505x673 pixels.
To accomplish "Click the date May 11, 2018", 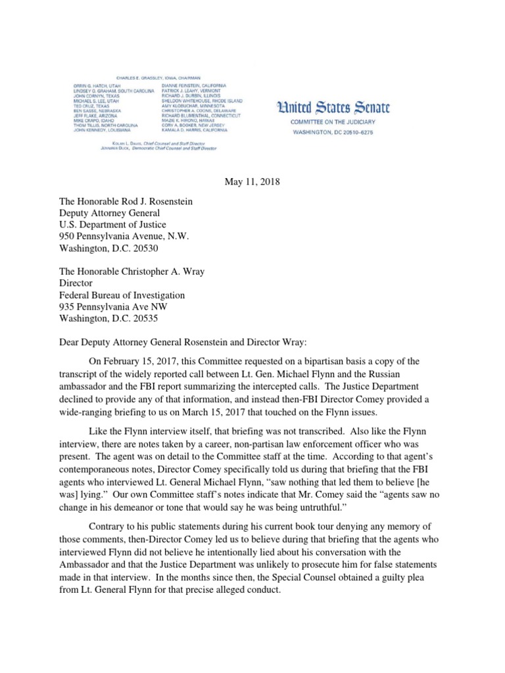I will (x=252, y=181).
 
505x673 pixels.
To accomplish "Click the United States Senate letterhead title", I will (x=333, y=107).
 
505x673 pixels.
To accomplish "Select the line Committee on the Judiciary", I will (x=333, y=122).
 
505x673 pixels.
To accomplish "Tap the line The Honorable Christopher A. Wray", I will (x=144, y=271).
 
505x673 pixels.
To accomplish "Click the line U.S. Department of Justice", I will (x=114, y=225).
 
